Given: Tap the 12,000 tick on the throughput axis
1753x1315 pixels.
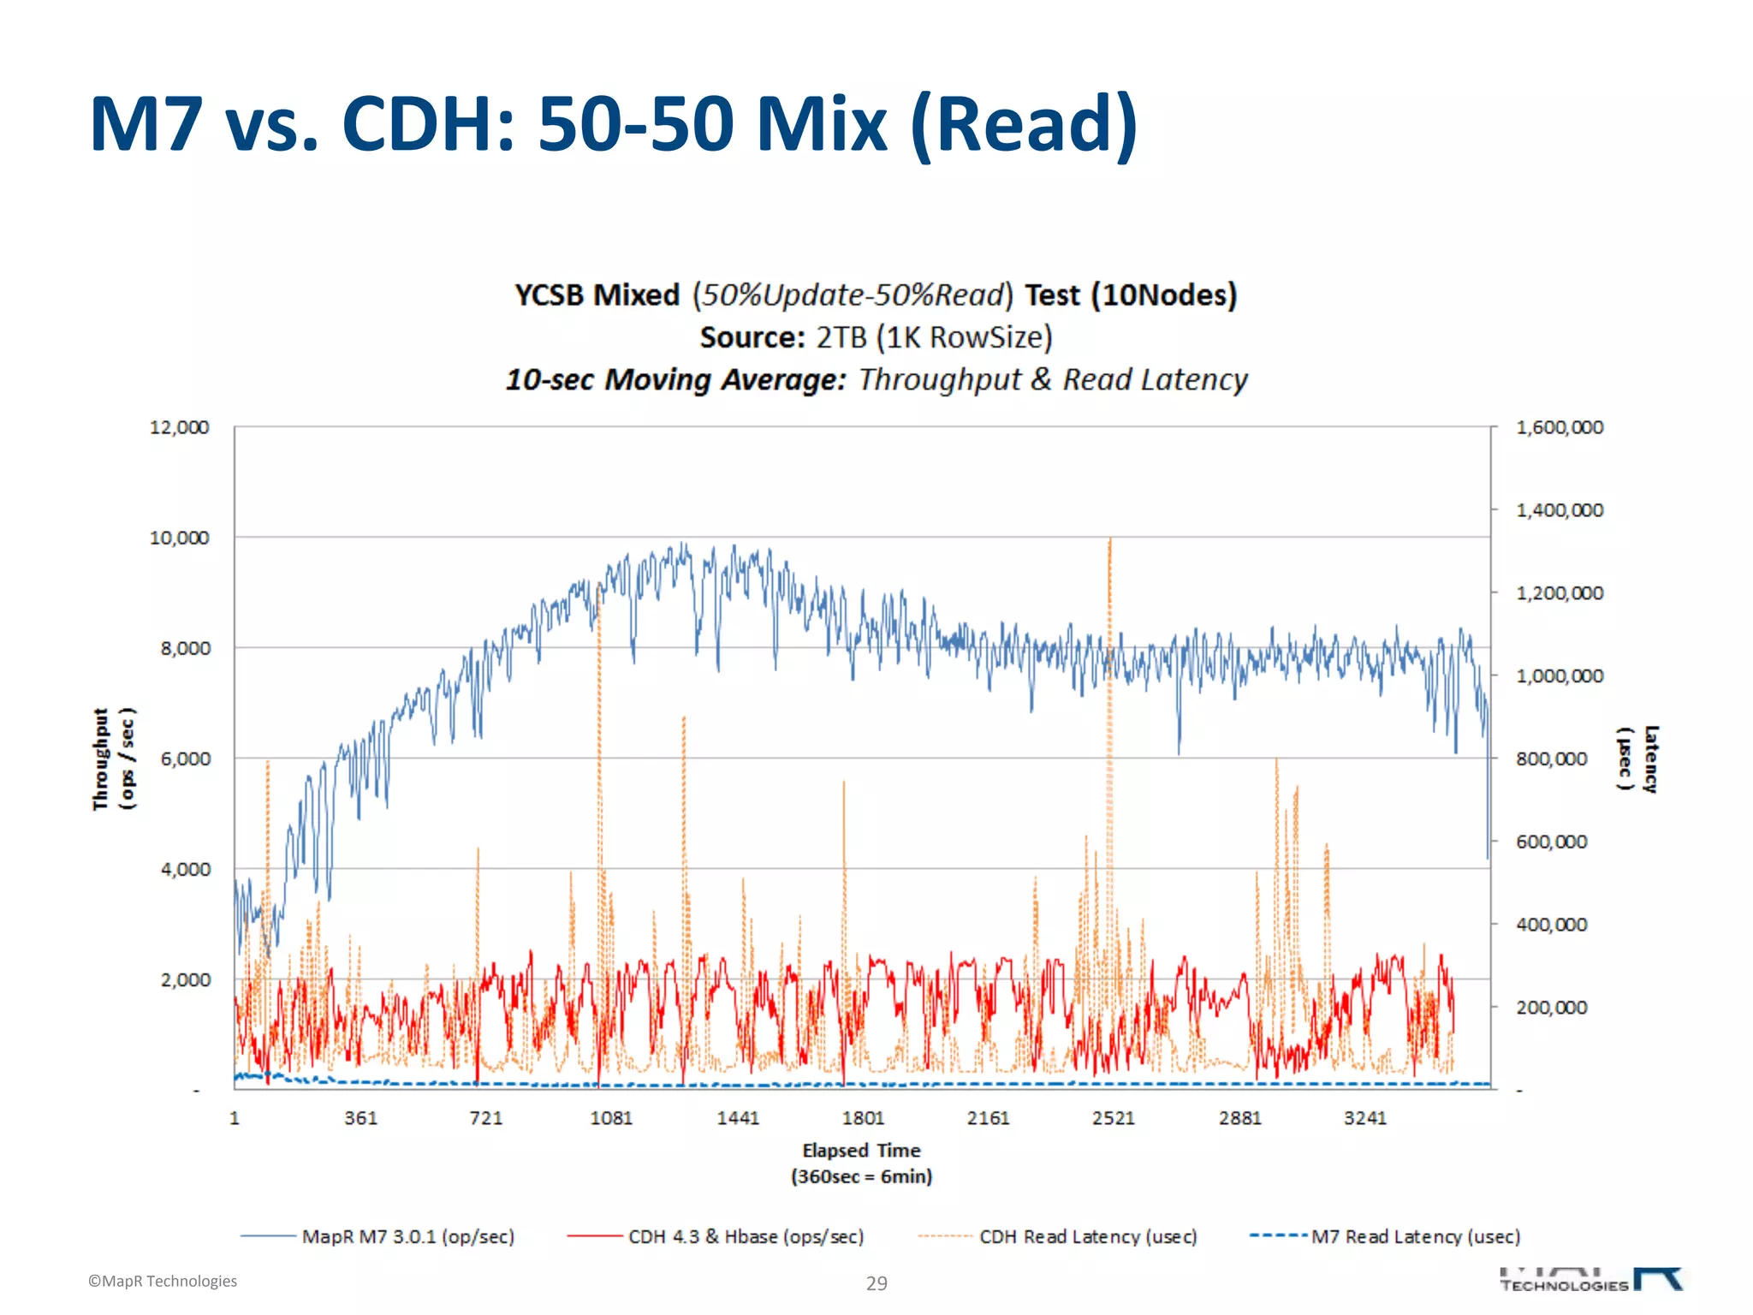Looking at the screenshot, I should coord(179,427).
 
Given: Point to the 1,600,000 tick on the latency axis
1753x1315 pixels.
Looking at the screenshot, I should coord(1560,427).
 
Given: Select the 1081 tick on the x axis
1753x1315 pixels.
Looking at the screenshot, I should coord(611,1118).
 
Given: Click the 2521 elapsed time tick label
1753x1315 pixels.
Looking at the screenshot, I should coord(1114,1118).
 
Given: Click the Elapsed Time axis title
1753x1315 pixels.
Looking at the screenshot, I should coord(861,1151).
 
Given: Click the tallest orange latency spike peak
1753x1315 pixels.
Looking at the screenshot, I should coord(1110,540).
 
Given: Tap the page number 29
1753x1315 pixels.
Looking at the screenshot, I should coord(876,1283).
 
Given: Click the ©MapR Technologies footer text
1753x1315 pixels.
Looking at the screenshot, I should coord(163,1281).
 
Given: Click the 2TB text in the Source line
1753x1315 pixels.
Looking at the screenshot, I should coord(841,337).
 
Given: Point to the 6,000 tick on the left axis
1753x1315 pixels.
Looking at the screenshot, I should coord(185,759).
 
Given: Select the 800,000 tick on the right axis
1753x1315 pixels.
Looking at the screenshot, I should coord(1551,759).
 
